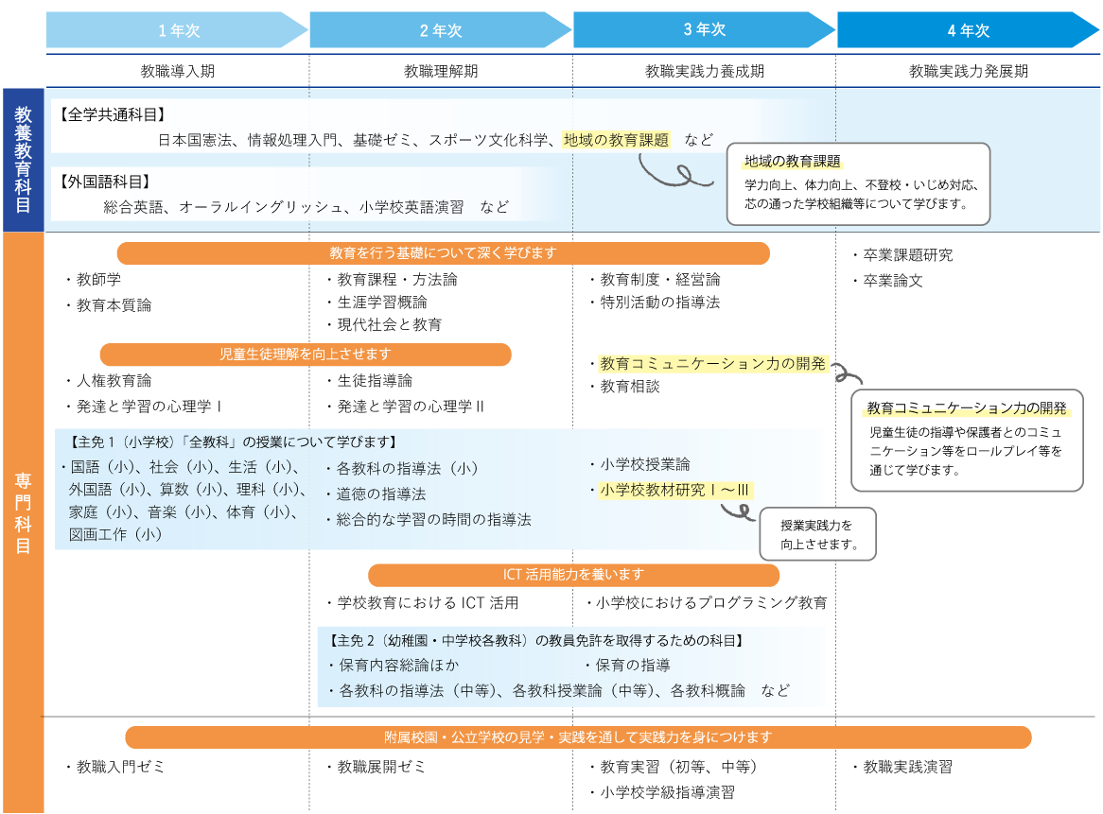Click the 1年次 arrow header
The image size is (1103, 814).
tap(177, 30)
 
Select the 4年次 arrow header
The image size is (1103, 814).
tap(968, 30)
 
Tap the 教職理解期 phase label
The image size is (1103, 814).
tap(441, 71)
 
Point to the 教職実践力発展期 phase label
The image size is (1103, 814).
tap(968, 71)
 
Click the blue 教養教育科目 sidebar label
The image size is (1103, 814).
tap(24, 160)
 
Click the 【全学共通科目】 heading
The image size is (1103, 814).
tap(112, 114)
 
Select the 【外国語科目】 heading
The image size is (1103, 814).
tap(105, 182)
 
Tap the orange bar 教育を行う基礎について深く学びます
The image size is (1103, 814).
tap(443, 253)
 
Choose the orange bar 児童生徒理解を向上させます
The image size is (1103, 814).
tap(306, 355)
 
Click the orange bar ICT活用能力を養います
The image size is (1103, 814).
tap(573, 575)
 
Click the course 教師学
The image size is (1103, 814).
tap(94, 279)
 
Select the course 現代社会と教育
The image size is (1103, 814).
tap(384, 324)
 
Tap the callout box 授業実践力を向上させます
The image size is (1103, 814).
tap(818, 534)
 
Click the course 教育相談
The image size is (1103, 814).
tap(624, 386)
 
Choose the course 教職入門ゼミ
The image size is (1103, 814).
tap(114, 766)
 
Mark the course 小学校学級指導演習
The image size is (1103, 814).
tap(662, 792)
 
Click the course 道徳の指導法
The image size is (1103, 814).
tap(376, 494)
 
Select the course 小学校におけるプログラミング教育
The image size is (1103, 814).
tap(707, 602)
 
